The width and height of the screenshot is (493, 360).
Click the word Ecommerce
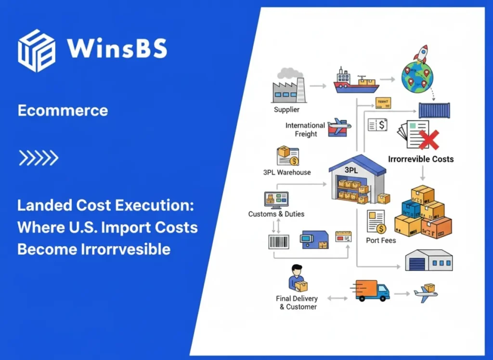coord(63,110)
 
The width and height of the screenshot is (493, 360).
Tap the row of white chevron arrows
coord(39,157)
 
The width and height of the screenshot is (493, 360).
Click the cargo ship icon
coord(356,81)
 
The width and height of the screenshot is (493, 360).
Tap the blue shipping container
coord(434,110)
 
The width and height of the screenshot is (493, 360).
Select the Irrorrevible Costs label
coord(421,159)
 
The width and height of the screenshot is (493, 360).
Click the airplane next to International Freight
coord(339,128)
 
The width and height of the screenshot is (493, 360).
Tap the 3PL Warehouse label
coord(287,172)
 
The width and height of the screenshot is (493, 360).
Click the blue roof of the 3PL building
coord(357,164)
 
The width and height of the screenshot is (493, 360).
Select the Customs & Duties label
coord(276,214)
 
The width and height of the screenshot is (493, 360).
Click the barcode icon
coord(279,241)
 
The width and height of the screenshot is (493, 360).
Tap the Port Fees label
coord(381,240)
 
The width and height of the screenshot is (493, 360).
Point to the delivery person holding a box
coord(296,279)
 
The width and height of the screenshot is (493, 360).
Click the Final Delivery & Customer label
coord(297,302)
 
